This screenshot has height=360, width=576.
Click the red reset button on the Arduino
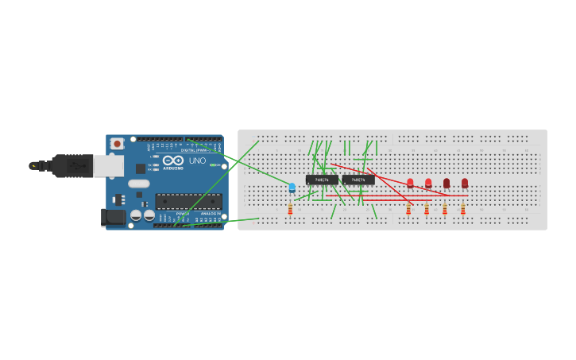tap(117, 144)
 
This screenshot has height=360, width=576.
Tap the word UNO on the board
tap(196, 161)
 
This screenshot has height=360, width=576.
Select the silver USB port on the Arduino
tap(109, 165)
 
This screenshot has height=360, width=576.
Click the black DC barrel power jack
tap(114, 217)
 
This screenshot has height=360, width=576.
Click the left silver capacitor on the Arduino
tap(136, 215)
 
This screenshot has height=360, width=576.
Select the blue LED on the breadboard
tap(292, 188)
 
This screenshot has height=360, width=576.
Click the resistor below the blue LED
tap(290, 208)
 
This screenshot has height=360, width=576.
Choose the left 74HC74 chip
tap(322, 180)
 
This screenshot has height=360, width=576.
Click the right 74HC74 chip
tap(358, 180)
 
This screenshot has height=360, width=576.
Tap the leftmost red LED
tap(410, 183)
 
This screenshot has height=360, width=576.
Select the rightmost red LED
tap(465, 183)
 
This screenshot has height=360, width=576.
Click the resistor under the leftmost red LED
tap(408, 208)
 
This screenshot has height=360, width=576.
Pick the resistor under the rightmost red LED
tap(463, 208)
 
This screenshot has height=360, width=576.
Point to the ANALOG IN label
tap(210, 214)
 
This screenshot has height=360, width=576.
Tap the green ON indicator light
tap(214, 165)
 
